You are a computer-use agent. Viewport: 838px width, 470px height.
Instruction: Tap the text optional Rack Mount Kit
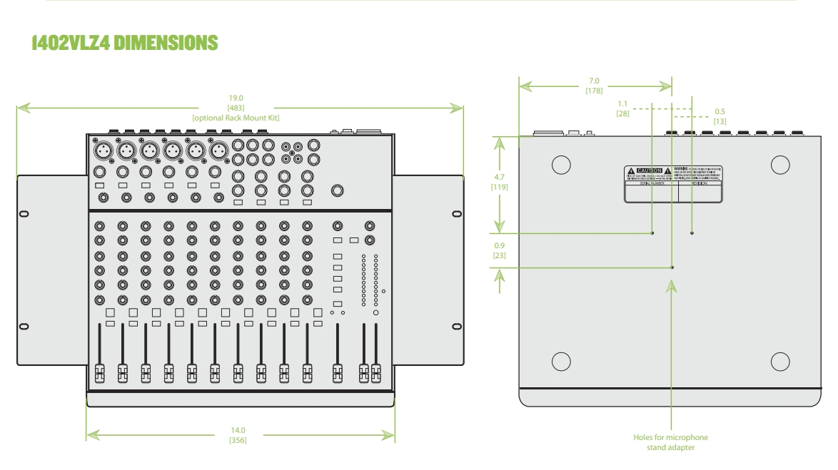[240, 116]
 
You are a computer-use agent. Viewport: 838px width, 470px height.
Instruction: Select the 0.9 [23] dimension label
[500, 250]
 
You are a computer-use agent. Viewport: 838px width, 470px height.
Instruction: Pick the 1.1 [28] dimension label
[622, 108]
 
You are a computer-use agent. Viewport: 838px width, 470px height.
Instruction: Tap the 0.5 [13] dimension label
[720, 117]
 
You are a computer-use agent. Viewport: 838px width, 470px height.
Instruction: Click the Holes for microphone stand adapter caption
[671, 443]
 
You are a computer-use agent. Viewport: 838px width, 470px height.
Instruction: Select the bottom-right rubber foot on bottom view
[780, 360]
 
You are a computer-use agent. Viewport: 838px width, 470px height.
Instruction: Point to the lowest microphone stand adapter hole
[672, 267]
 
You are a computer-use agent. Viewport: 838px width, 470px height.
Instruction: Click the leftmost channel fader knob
[99, 372]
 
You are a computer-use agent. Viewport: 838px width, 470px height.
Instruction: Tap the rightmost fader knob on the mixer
[375, 372]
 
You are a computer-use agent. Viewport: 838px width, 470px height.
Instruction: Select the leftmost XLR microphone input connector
[101, 150]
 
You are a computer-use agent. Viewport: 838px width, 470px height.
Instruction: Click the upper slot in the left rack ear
[24, 213]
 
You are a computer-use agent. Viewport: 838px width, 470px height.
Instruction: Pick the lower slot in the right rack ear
[457, 327]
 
